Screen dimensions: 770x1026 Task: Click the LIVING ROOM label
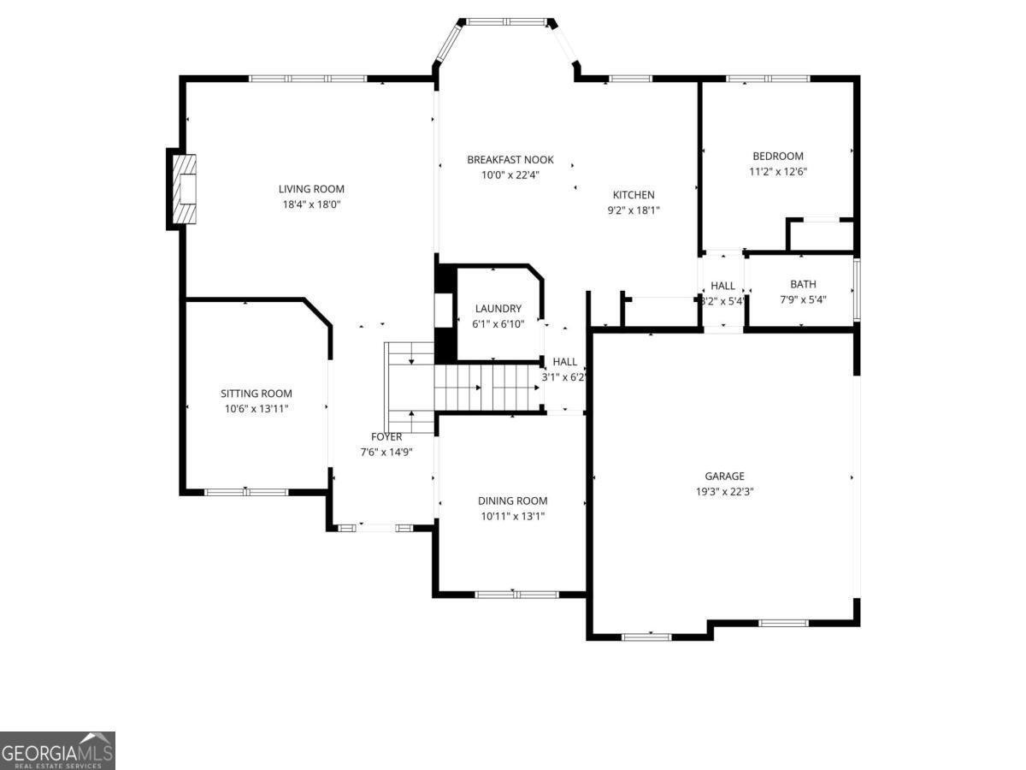pos(311,189)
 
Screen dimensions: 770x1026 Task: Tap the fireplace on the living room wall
pos(184,189)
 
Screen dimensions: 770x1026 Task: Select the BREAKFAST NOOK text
pos(510,160)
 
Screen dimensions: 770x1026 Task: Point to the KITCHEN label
pos(633,195)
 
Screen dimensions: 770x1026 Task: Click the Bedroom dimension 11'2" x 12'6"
pos(777,171)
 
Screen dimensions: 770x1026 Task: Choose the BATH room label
pos(803,284)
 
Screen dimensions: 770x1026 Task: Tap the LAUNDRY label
pos(498,309)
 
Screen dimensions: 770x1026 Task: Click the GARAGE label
pos(724,477)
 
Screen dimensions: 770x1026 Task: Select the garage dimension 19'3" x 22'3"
pos(724,492)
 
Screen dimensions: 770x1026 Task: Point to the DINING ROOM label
pos(512,501)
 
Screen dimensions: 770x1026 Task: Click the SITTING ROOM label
pos(256,394)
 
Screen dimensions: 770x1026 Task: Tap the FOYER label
pos(386,437)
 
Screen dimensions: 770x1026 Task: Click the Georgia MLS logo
pos(57,750)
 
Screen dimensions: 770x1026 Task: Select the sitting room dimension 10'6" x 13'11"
pos(256,409)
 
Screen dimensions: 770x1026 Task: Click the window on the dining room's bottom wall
pos(516,594)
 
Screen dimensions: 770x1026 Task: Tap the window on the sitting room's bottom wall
pos(246,492)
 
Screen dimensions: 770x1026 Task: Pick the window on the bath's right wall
pos(857,288)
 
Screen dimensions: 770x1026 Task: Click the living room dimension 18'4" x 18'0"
pos(311,204)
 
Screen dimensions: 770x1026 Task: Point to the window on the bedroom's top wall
pos(767,79)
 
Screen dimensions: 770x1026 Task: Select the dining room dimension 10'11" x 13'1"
pos(512,516)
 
